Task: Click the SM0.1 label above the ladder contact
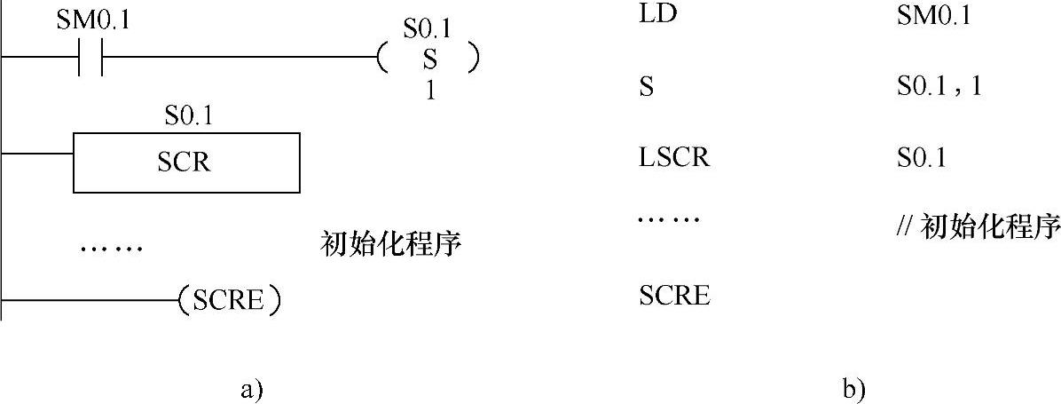point(92,20)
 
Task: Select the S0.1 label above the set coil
point(427,29)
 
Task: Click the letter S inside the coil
point(428,59)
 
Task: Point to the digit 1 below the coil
point(429,91)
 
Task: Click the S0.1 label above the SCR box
point(188,115)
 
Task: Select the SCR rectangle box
point(186,162)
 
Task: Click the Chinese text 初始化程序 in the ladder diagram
point(391,244)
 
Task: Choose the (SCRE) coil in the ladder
point(230,300)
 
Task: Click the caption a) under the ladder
point(251,388)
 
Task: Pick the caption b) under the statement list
point(854,388)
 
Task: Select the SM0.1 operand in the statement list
point(934,17)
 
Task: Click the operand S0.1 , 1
point(939,88)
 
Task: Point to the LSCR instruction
point(674,159)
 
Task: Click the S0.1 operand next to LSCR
point(921,159)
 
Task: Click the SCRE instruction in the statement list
point(674,295)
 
